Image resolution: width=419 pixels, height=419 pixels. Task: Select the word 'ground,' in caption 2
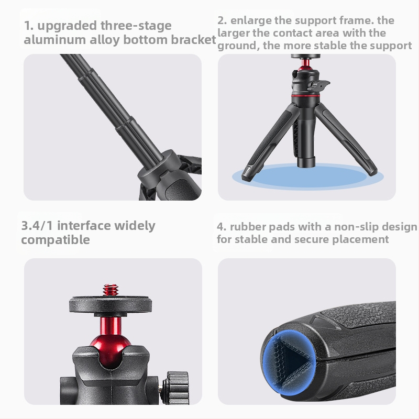tap(239, 46)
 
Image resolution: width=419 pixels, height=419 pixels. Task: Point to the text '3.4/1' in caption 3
tap(38, 226)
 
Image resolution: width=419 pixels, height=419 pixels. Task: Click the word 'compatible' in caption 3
tap(56, 240)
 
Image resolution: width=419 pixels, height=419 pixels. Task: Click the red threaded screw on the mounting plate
tap(110, 289)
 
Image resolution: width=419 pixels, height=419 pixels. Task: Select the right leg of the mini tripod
tap(348, 139)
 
